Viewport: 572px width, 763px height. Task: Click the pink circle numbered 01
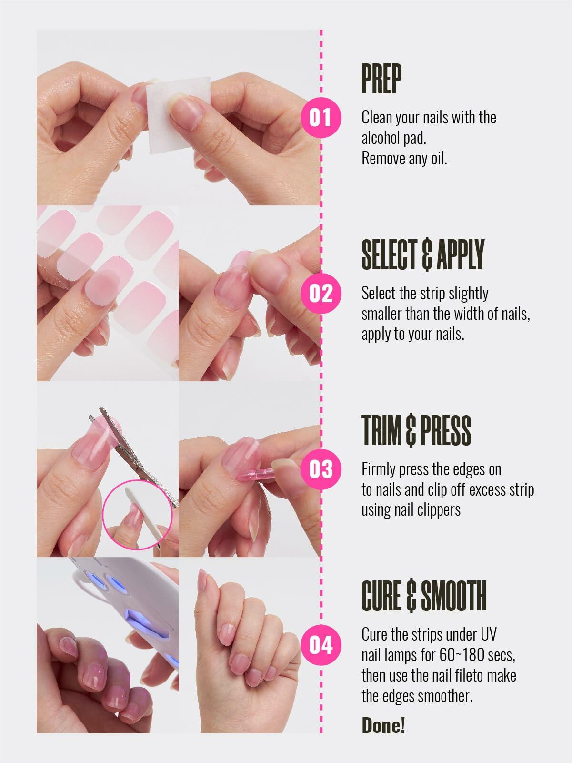(x=321, y=117)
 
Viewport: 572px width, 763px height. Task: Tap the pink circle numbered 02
(x=321, y=293)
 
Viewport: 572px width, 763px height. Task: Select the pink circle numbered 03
(x=321, y=469)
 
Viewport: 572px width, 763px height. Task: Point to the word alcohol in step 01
(x=384, y=138)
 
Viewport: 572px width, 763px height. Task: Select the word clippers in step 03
(x=439, y=510)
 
